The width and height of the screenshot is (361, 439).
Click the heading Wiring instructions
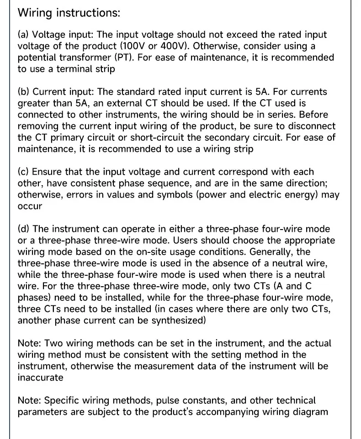coord(69,13)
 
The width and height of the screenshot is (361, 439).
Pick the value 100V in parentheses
coord(140,46)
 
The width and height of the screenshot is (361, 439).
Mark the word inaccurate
coord(40,378)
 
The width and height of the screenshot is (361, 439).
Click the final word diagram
coord(310,412)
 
